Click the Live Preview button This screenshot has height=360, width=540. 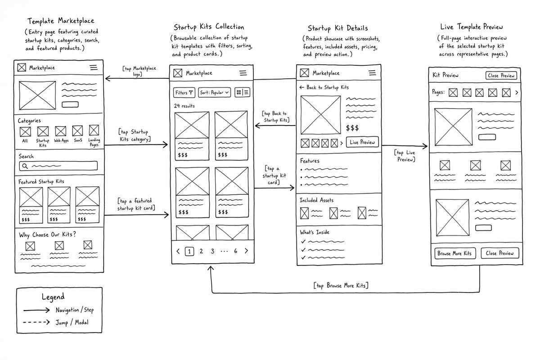[x=362, y=142]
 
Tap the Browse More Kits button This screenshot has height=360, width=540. [x=455, y=253]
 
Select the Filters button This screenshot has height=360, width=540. [x=184, y=93]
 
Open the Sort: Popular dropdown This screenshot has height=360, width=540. [x=214, y=93]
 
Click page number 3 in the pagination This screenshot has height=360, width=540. [x=212, y=251]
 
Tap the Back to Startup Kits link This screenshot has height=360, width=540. [x=324, y=87]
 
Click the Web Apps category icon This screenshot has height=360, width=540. [x=60, y=131]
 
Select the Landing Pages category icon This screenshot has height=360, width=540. [x=94, y=130]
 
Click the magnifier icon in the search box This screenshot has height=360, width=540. [x=25, y=166]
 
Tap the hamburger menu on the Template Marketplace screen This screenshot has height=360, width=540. [x=94, y=67]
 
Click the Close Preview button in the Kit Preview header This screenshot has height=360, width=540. [x=501, y=76]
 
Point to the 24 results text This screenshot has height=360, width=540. [x=184, y=106]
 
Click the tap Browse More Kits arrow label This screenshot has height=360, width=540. [x=341, y=285]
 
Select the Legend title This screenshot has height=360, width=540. [x=53, y=297]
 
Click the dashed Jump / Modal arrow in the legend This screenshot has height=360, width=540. [x=36, y=322]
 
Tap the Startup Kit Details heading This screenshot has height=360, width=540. [x=338, y=28]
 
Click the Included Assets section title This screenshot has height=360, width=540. [x=316, y=200]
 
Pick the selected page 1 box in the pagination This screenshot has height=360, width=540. [x=189, y=252]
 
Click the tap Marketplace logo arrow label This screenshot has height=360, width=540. [x=139, y=71]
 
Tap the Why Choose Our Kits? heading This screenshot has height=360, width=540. [x=48, y=234]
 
